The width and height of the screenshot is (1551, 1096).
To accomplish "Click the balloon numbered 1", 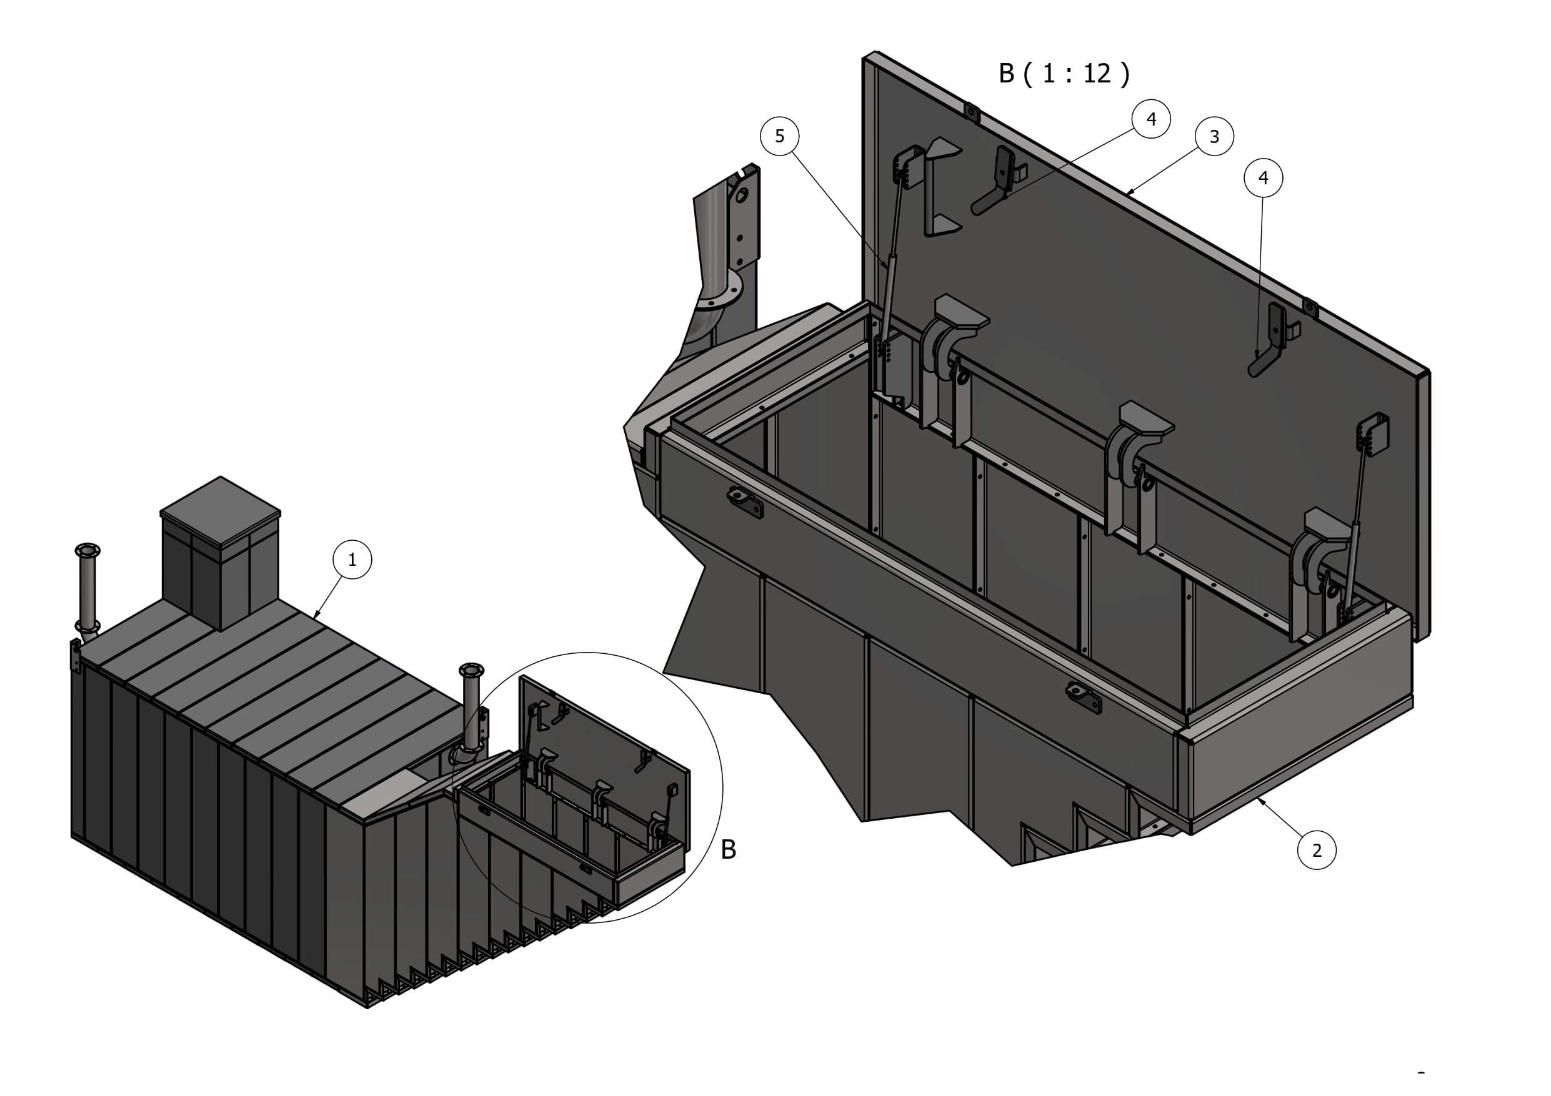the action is pos(352,559).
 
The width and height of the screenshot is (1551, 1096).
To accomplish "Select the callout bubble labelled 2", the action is pos(1317,850).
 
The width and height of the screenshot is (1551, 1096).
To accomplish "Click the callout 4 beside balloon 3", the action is pos(1152,119).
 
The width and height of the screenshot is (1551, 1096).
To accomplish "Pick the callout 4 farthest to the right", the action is pos(1263,177).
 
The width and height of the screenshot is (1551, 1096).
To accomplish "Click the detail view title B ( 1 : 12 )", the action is pos(1064,74).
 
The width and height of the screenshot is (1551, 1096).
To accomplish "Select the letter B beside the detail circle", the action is pos(728,849).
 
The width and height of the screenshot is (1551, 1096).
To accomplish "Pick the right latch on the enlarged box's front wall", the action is pos(1084,698).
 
